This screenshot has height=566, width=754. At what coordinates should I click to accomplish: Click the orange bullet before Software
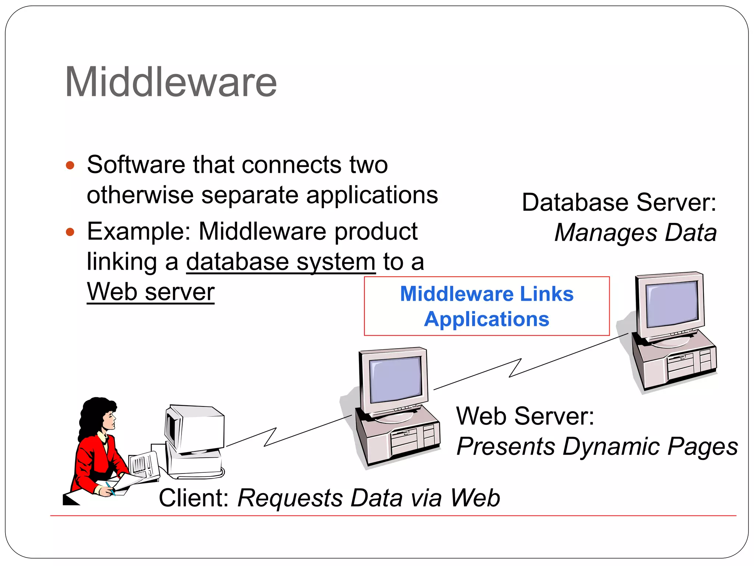70,165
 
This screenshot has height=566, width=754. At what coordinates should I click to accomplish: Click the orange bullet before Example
70,232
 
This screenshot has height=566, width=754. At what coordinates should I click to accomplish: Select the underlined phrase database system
281,262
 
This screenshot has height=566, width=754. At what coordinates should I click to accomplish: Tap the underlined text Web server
151,292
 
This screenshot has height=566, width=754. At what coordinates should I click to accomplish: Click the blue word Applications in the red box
486,319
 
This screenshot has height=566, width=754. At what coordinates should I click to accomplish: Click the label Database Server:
619,202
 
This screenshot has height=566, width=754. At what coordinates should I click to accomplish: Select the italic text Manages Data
635,233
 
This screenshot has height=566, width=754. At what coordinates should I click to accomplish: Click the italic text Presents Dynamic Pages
597,447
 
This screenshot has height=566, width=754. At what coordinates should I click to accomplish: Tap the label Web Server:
525,416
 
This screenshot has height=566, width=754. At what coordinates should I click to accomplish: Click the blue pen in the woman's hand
110,488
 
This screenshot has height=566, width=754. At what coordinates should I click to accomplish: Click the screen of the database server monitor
672,304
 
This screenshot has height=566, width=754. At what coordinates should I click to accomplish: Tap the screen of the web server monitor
395,380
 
